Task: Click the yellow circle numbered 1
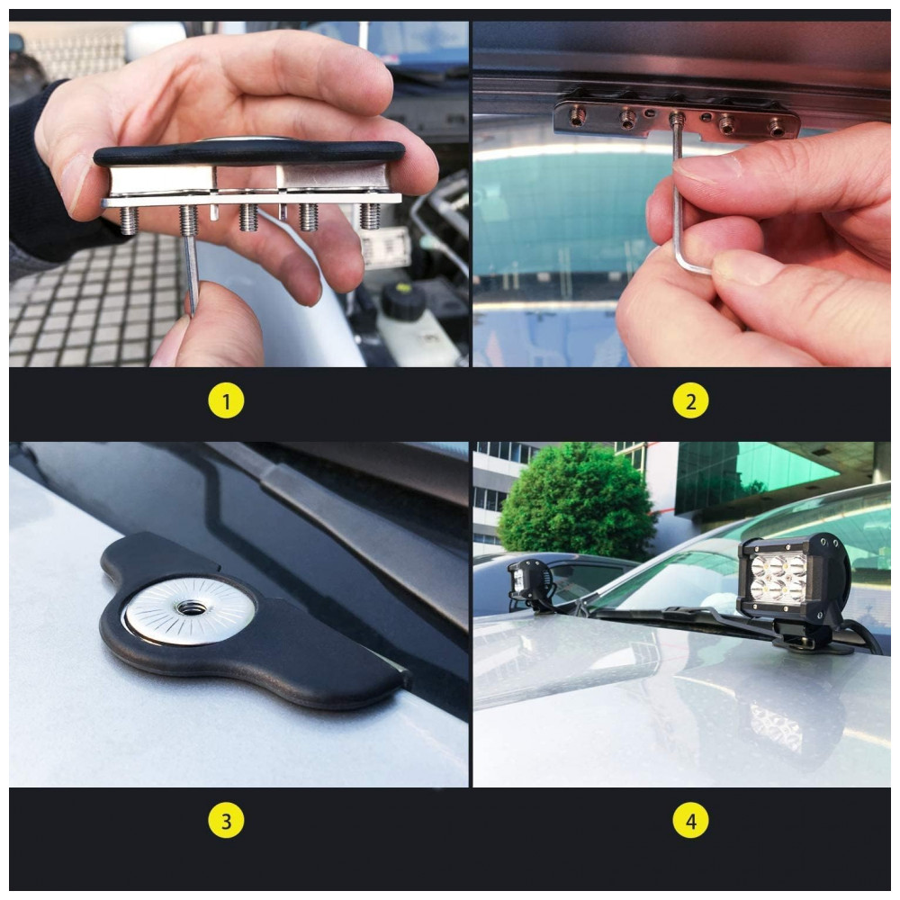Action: tap(226, 400)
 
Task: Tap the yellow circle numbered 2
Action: tap(690, 400)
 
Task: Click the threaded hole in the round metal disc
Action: tap(187, 607)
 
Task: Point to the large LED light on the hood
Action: tap(793, 577)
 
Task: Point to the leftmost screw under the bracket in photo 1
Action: tap(129, 220)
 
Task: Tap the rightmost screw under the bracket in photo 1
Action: tap(372, 216)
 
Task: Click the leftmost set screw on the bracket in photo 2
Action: tap(576, 116)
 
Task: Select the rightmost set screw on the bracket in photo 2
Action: tap(778, 129)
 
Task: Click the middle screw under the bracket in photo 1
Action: tap(248, 217)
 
